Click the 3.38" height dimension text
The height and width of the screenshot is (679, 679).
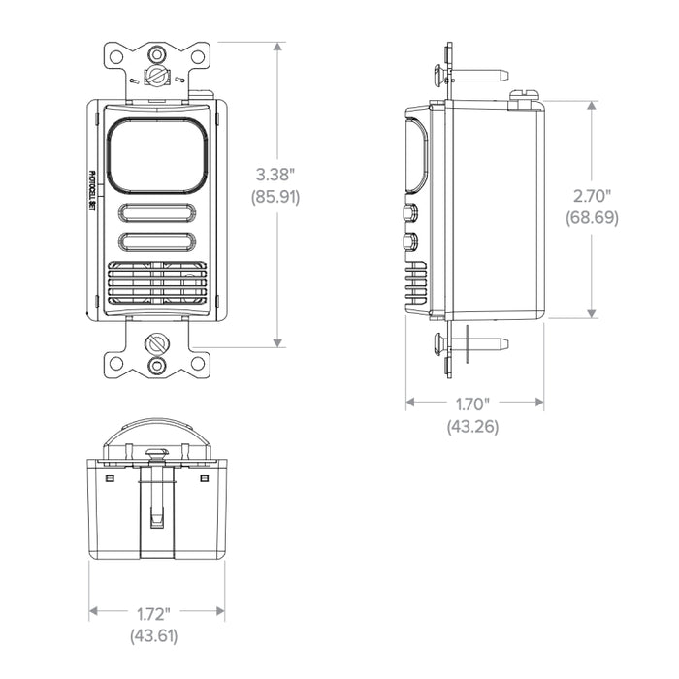276,176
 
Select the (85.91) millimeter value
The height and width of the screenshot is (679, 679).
276,196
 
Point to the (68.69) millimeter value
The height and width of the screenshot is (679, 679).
591,218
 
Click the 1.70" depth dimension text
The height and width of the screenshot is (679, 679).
472,404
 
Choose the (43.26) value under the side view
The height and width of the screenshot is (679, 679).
472,426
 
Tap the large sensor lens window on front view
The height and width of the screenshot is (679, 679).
155,155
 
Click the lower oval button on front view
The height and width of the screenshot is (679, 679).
155,242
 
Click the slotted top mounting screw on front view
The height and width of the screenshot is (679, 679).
155,76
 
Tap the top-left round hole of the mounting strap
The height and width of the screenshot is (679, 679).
115,57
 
